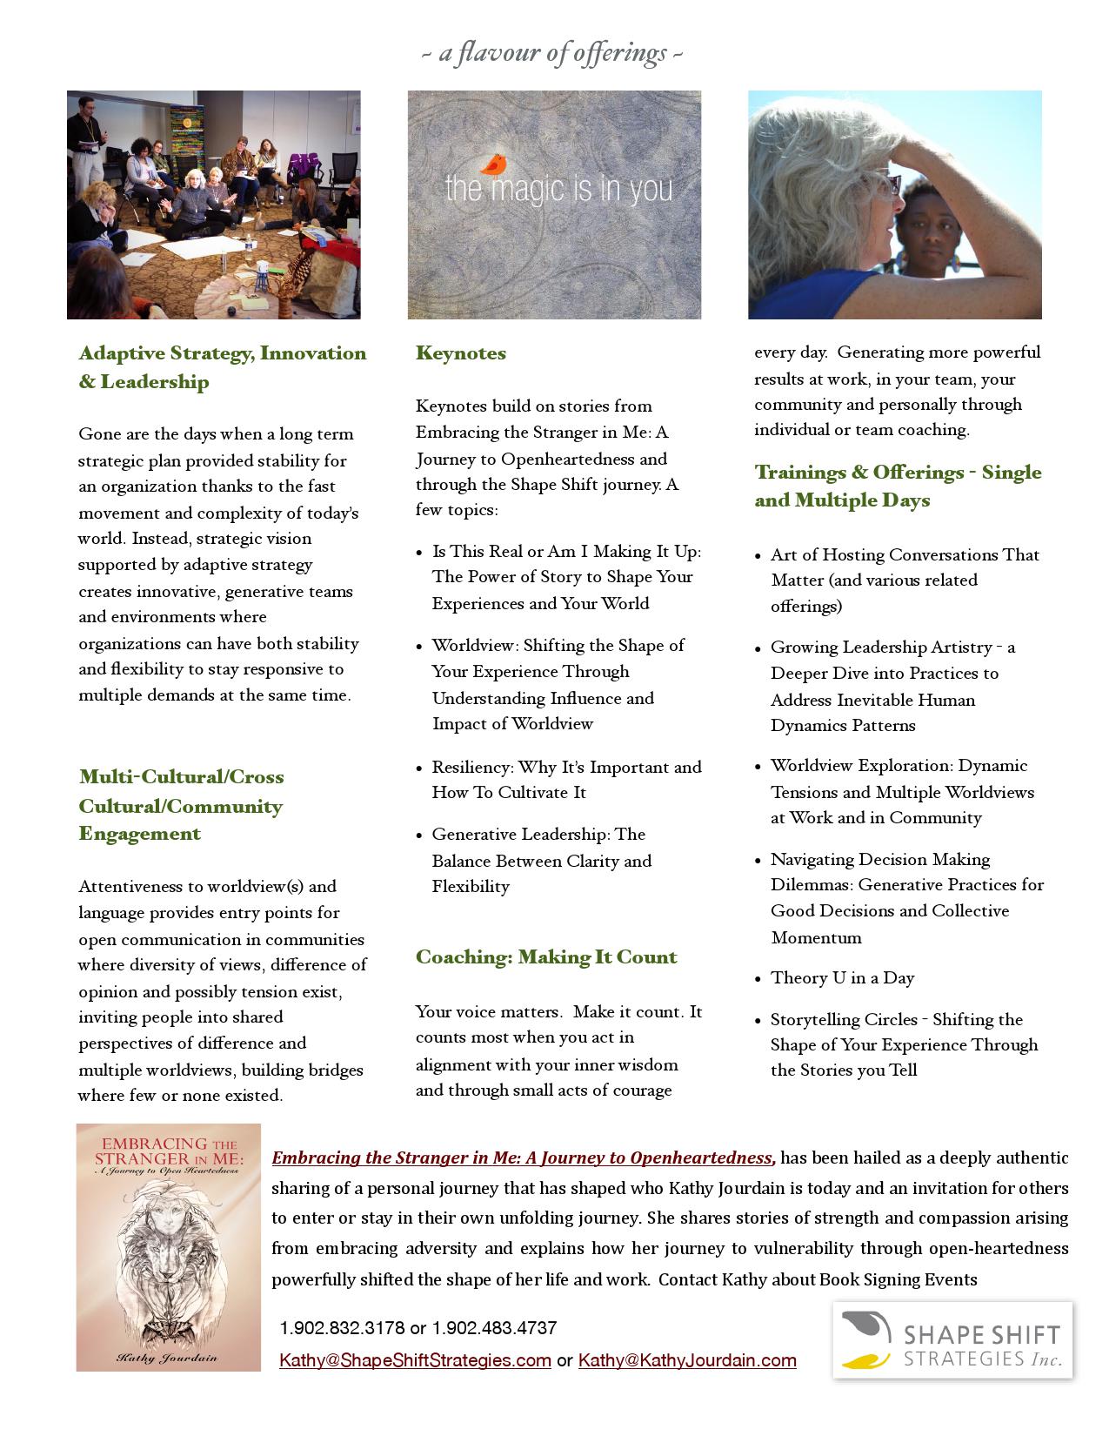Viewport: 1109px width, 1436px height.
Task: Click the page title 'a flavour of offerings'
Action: (x=552, y=54)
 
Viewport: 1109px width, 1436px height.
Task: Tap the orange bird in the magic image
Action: (x=495, y=164)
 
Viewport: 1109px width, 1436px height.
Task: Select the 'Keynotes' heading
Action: (x=460, y=353)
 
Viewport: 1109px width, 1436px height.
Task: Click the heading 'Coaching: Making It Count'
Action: (x=545, y=957)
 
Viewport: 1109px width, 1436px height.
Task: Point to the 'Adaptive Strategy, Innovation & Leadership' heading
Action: (x=222, y=367)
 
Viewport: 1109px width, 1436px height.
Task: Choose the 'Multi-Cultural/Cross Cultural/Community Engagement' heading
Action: (x=181, y=805)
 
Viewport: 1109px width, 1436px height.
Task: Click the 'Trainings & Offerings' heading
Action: (x=897, y=486)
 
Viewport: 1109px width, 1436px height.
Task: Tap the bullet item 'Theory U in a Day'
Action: (x=842, y=978)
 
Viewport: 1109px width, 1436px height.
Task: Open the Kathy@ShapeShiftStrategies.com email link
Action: (x=415, y=1360)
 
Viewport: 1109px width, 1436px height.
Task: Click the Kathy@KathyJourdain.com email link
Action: (x=687, y=1360)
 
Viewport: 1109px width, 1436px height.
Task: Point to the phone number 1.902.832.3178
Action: (x=342, y=1328)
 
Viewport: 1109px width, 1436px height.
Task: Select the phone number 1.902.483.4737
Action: (x=494, y=1328)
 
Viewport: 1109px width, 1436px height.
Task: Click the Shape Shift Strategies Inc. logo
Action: (x=952, y=1340)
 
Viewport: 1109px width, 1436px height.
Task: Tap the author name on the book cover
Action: (x=168, y=1357)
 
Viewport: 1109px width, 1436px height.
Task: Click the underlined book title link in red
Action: (x=522, y=1158)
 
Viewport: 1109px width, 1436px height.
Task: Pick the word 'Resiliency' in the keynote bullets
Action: (x=472, y=768)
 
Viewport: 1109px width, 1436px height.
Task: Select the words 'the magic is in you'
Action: (x=558, y=189)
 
